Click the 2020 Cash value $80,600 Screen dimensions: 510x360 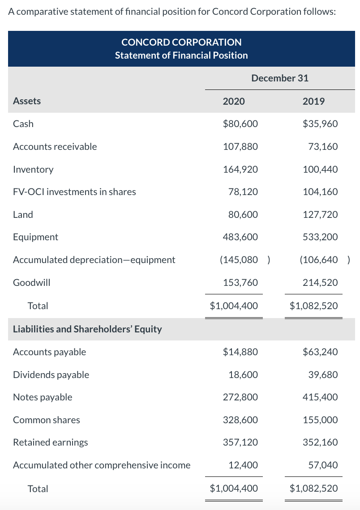tap(240, 124)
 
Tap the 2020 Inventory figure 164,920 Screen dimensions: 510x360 tap(240, 169)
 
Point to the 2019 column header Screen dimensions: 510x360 tap(313, 101)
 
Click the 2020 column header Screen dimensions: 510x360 tap(234, 101)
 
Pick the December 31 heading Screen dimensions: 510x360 tap(280, 78)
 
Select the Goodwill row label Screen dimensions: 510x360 tap(32, 282)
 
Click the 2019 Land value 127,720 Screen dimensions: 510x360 tap(320, 214)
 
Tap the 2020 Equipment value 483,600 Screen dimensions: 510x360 tap(240, 237)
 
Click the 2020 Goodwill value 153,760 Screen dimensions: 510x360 tap(240, 282)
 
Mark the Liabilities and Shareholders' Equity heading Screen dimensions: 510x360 tap(87, 329)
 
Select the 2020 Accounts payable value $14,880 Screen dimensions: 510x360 tap(240, 352)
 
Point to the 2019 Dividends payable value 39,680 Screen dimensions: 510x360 tap(323, 374)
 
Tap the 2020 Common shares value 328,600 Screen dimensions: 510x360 tap(240, 420)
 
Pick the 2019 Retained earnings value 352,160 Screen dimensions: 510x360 tap(320, 442)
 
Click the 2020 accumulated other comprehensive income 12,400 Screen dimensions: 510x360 tap(243, 465)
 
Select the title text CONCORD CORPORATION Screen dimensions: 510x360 tap(181, 42)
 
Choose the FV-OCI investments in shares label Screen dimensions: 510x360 tap(74, 192)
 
